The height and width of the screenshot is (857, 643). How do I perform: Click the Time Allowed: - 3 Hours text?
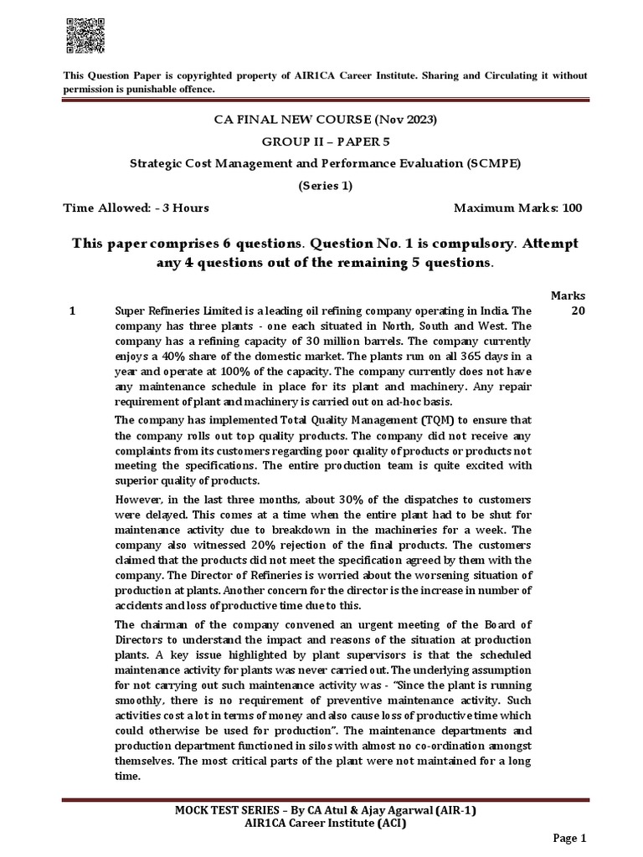(x=137, y=208)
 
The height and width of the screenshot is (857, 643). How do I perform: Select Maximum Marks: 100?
(x=517, y=208)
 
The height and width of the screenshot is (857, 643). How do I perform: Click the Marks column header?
(x=568, y=296)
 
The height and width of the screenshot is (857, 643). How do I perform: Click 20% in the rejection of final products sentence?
(x=255, y=544)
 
